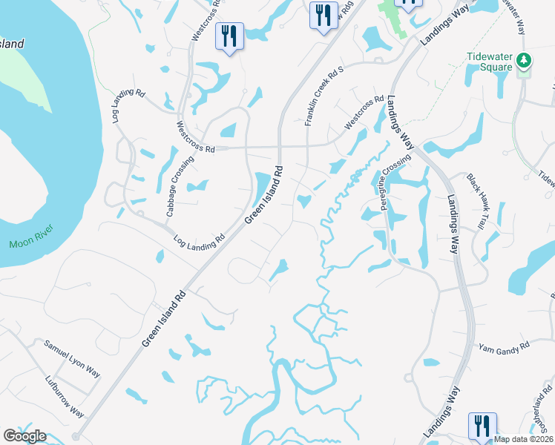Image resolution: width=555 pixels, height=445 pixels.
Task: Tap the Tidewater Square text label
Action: [x=490, y=62]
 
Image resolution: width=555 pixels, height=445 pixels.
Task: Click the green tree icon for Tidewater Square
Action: [x=525, y=61]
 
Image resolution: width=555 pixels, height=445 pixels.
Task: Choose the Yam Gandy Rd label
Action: [x=504, y=346]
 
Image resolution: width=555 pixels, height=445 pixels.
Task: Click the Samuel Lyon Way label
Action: [x=71, y=357]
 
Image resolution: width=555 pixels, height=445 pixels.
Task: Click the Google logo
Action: [x=24, y=436]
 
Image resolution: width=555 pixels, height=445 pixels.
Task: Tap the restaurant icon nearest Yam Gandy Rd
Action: [x=481, y=426]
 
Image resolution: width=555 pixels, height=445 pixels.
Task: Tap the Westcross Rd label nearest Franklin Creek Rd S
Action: [x=364, y=112]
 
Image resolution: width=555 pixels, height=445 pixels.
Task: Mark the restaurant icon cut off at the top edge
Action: [x=407, y=4]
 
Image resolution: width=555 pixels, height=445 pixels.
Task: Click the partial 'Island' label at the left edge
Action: [x=12, y=44]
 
